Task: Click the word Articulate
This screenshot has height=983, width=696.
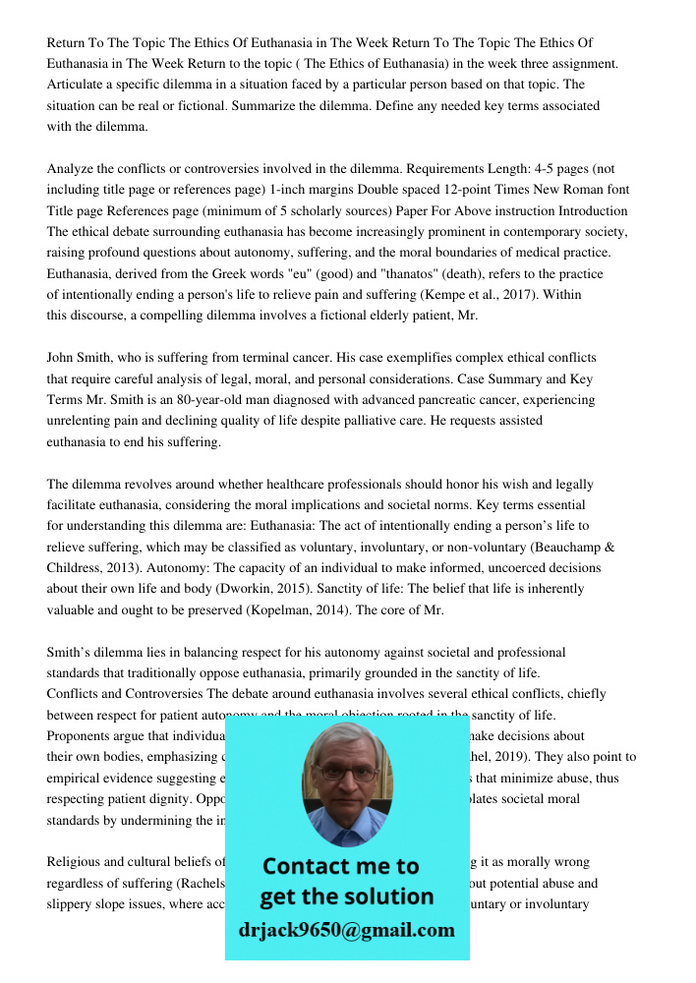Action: pyautogui.click(x=78, y=85)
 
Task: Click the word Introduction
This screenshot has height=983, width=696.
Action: pyautogui.click(x=593, y=211)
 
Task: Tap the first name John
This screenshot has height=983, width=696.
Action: pyautogui.click(x=63, y=358)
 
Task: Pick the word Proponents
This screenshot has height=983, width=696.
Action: pyautogui.click(x=83, y=736)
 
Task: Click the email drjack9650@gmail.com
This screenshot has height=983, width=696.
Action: pyautogui.click(x=346, y=930)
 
